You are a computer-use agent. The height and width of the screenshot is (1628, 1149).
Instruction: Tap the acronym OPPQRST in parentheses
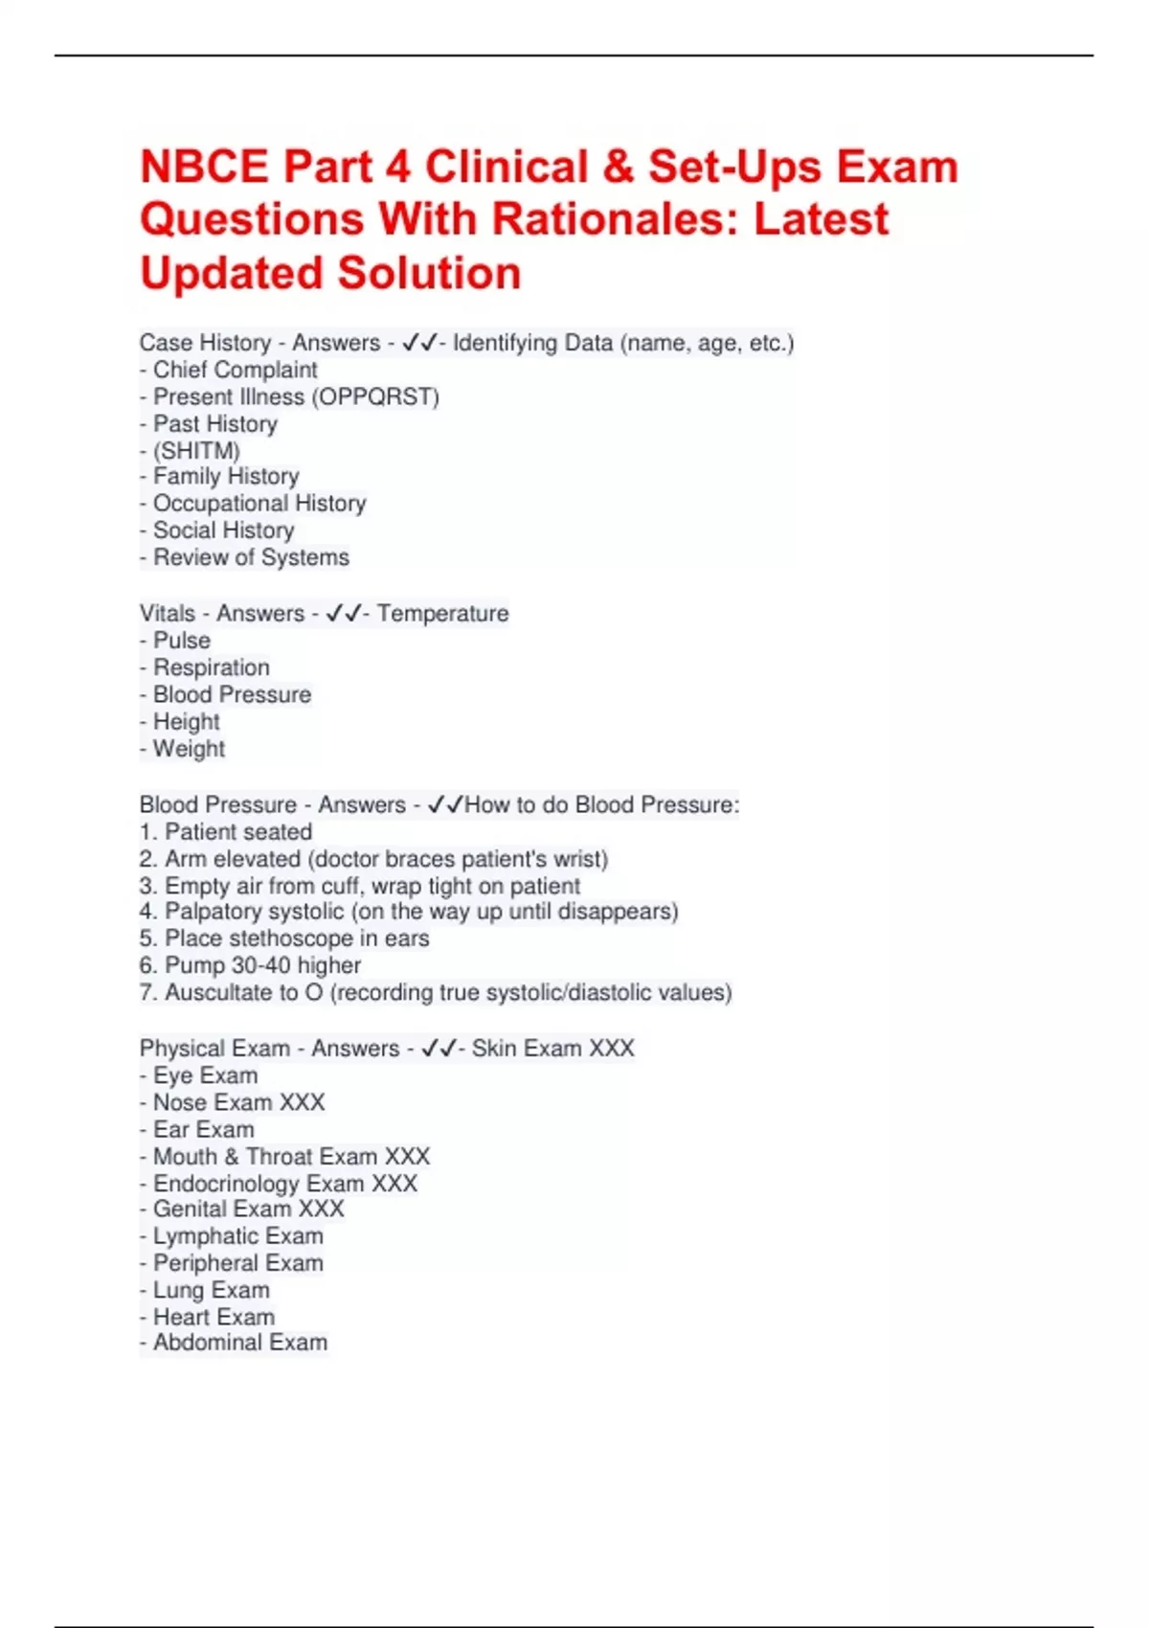tap(375, 396)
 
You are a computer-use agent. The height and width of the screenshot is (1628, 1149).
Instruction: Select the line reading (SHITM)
tap(196, 450)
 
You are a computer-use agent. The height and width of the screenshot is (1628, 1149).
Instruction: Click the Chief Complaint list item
tap(235, 370)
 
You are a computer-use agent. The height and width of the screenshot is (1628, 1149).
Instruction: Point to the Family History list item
tap(226, 476)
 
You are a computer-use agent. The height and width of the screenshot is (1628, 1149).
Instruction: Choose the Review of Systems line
tap(251, 557)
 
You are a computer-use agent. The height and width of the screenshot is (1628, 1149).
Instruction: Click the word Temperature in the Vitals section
tap(442, 613)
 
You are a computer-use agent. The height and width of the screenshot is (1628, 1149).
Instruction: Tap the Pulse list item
tap(182, 640)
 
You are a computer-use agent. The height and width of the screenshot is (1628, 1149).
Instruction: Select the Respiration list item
tap(212, 667)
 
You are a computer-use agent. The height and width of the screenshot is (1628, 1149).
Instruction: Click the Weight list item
tap(189, 749)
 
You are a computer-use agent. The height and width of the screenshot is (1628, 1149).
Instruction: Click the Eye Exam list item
tap(205, 1075)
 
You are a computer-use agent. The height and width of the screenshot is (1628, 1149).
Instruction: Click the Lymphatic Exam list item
tap(237, 1236)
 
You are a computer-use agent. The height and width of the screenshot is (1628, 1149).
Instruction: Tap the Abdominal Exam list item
tap(240, 1343)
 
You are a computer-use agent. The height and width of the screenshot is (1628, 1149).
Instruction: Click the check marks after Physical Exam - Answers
tap(439, 1049)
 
